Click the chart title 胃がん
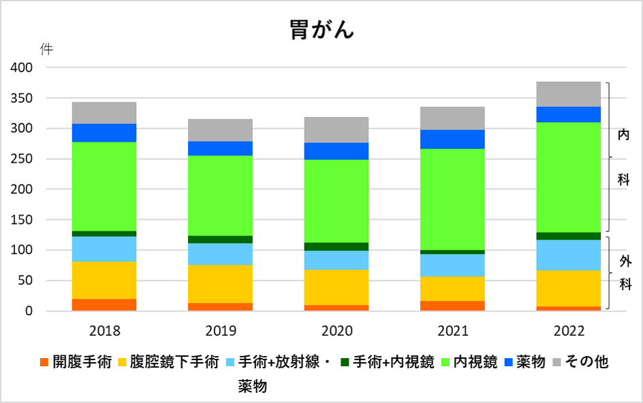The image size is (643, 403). click(x=321, y=30)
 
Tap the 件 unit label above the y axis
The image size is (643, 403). click(x=46, y=49)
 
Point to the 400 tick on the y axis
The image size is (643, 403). click(x=22, y=68)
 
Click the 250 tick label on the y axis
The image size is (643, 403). click(x=22, y=159)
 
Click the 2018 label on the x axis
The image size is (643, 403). click(x=104, y=332)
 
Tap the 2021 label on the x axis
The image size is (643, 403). click(x=452, y=332)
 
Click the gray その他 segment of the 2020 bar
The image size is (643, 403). click(x=336, y=129)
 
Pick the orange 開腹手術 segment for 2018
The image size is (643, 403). click(x=104, y=305)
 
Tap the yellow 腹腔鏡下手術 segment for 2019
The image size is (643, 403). click(x=220, y=284)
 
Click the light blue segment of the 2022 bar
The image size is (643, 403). click(x=568, y=255)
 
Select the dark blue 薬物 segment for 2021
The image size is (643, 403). click(x=452, y=139)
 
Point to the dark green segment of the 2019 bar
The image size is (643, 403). click(x=220, y=239)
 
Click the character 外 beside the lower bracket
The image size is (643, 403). click(x=625, y=261)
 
